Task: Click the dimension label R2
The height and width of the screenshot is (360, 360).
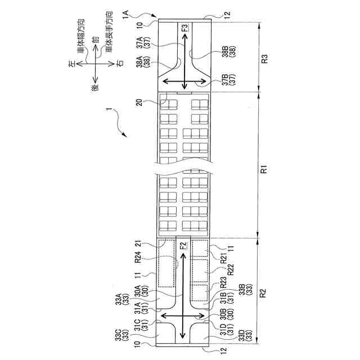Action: point(264,293)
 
